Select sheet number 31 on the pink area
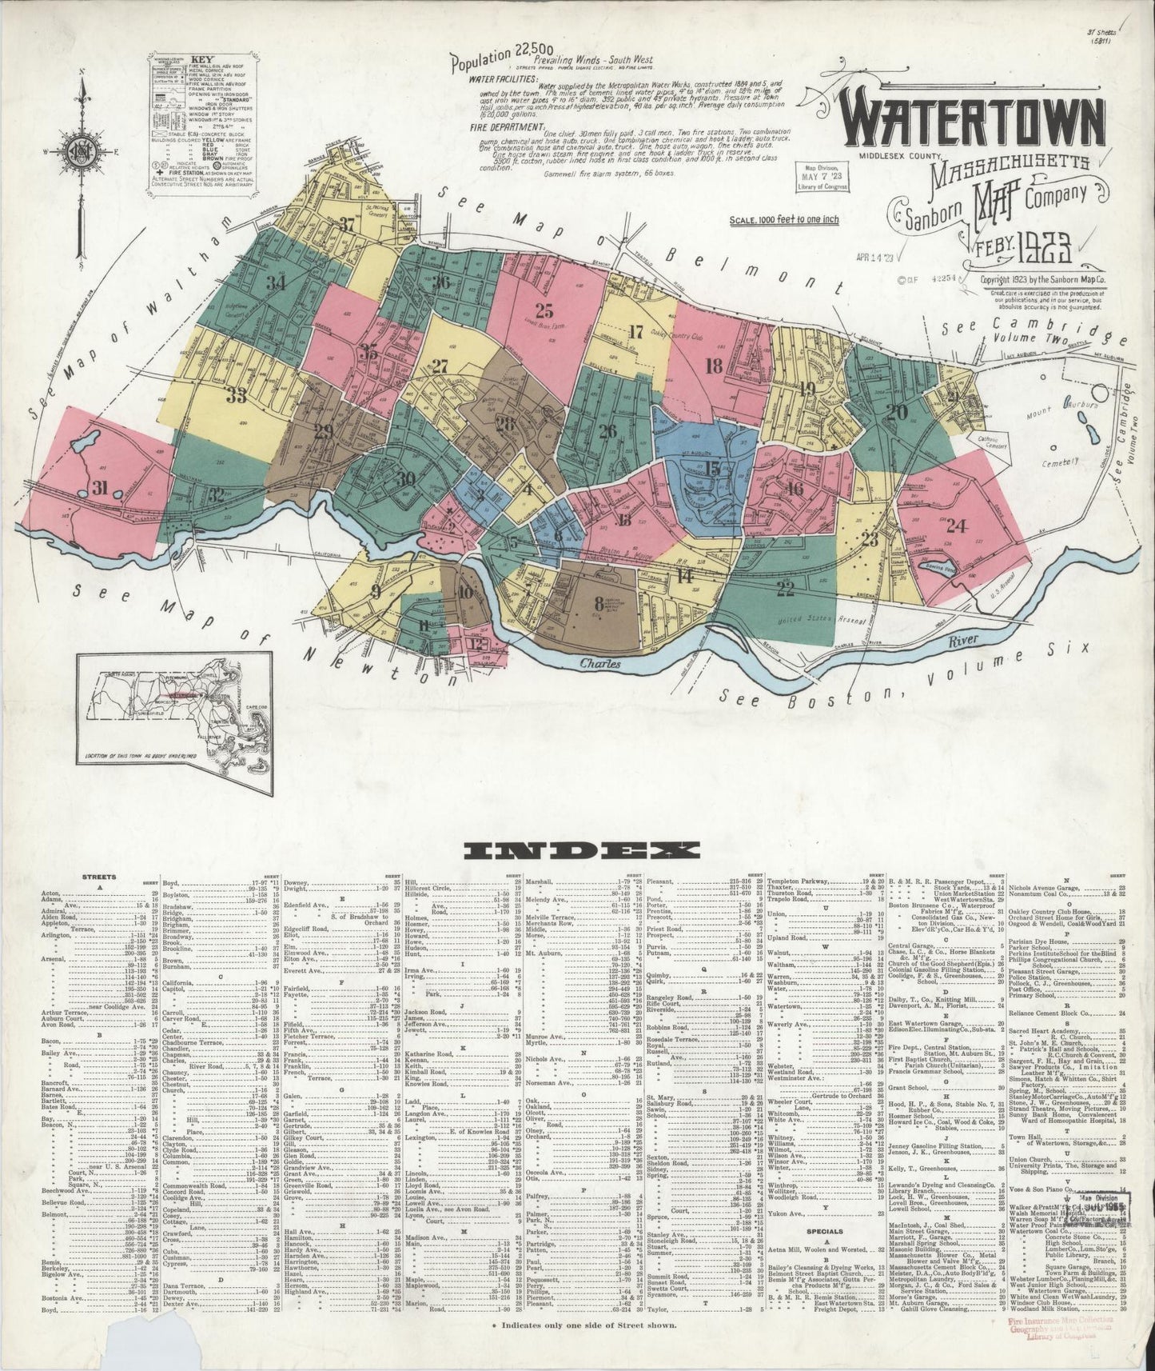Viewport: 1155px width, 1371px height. tap(99, 488)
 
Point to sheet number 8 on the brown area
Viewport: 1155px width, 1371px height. tap(598, 604)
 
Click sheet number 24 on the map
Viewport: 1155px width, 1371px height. tap(957, 526)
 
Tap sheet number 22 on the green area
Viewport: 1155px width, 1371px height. tap(785, 590)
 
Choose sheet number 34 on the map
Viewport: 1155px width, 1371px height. tap(276, 282)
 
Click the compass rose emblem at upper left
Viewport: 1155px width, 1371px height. tap(82, 150)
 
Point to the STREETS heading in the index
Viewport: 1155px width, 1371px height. tap(100, 877)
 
